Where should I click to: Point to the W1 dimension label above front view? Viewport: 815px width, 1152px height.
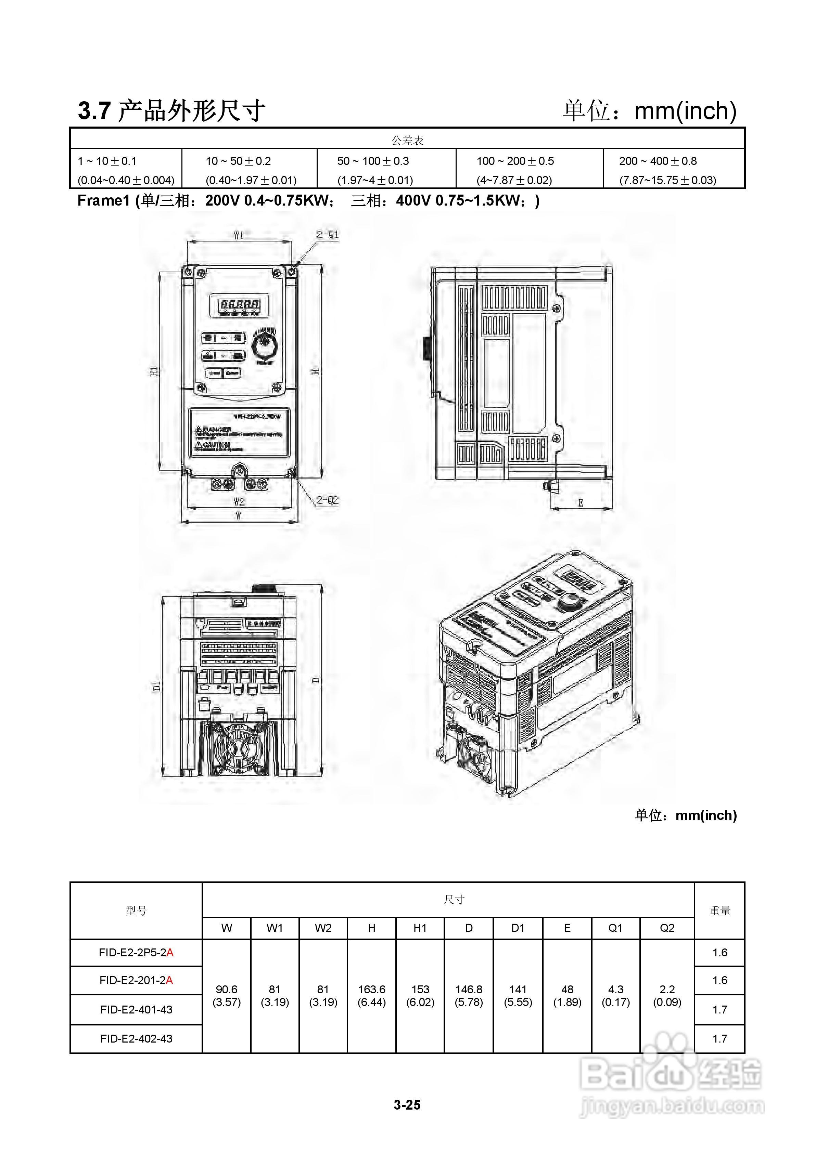pos(239,234)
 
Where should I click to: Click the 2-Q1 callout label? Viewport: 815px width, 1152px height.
pos(328,234)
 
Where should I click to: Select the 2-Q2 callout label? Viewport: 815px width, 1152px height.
pos(328,500)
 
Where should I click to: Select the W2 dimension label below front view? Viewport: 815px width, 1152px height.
pos(239,501)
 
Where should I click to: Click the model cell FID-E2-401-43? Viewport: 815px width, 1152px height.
pos(136,1009)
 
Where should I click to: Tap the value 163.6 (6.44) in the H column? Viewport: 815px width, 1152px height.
pos(372,995)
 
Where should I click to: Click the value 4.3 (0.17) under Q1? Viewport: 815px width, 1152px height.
pos(616,995)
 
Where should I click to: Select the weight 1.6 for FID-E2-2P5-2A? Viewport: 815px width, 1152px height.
pos(720,952)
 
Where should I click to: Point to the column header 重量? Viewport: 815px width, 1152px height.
pos(720,911)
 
